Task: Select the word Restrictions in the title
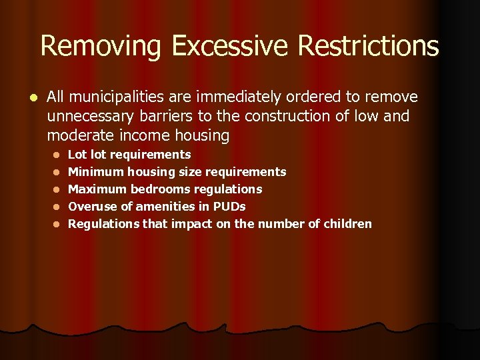tap(369, 47)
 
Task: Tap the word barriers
tap(169, 117)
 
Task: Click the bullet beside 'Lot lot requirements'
tap(58, 155)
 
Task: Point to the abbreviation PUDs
tap(229, 207)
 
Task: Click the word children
tap(347, 224)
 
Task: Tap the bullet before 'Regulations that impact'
tap(58, 225)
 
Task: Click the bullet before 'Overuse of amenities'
tap(58, 207)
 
